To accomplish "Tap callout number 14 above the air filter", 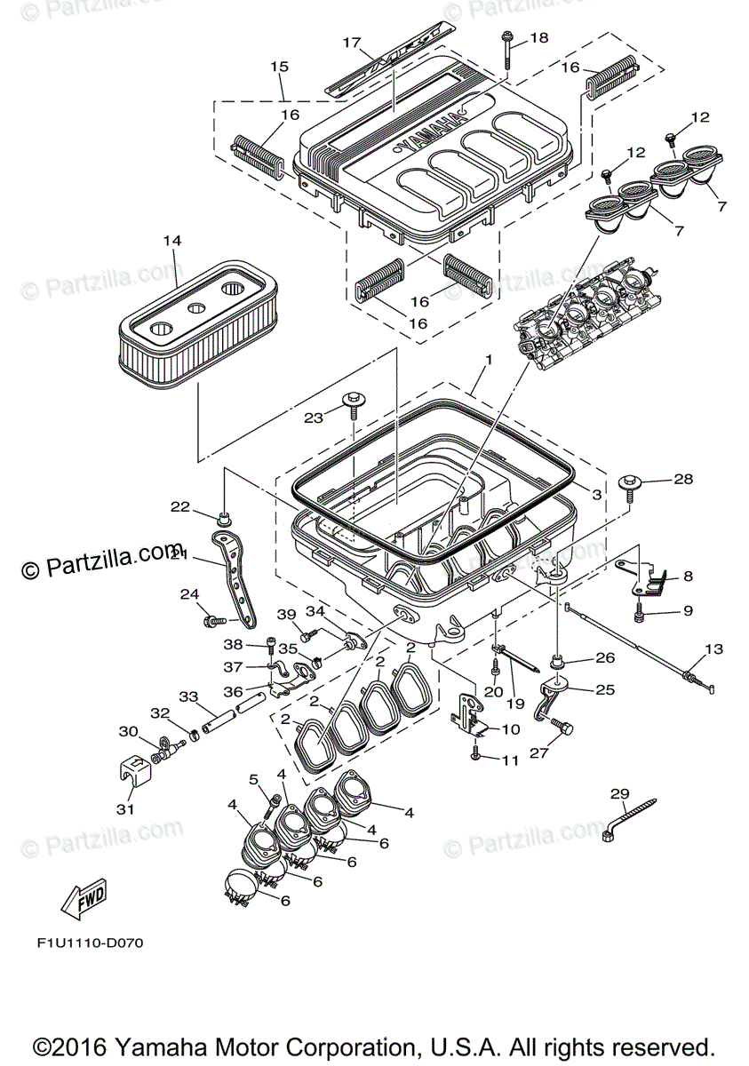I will (x=171, y=241).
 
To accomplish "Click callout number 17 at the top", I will (x=352, y=43).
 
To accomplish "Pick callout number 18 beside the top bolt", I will (x=539, y=38).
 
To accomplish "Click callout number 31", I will (x=125, y=808).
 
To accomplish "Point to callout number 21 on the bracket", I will (x=179, y=553).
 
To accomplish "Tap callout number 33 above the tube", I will (x=187, y=696).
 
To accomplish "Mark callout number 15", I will (x=280, y=67).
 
